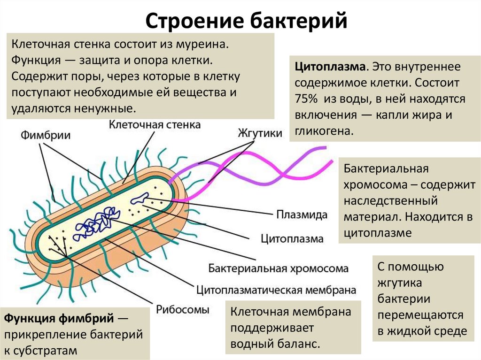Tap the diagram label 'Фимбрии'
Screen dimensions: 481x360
tap(45, 136)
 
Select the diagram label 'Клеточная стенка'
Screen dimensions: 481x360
tap(155, 125)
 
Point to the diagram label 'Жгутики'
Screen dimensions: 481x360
tap(260, 133)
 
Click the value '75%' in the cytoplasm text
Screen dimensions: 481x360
tap(306, 100)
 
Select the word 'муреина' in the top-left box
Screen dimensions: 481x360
tap(207, 45)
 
